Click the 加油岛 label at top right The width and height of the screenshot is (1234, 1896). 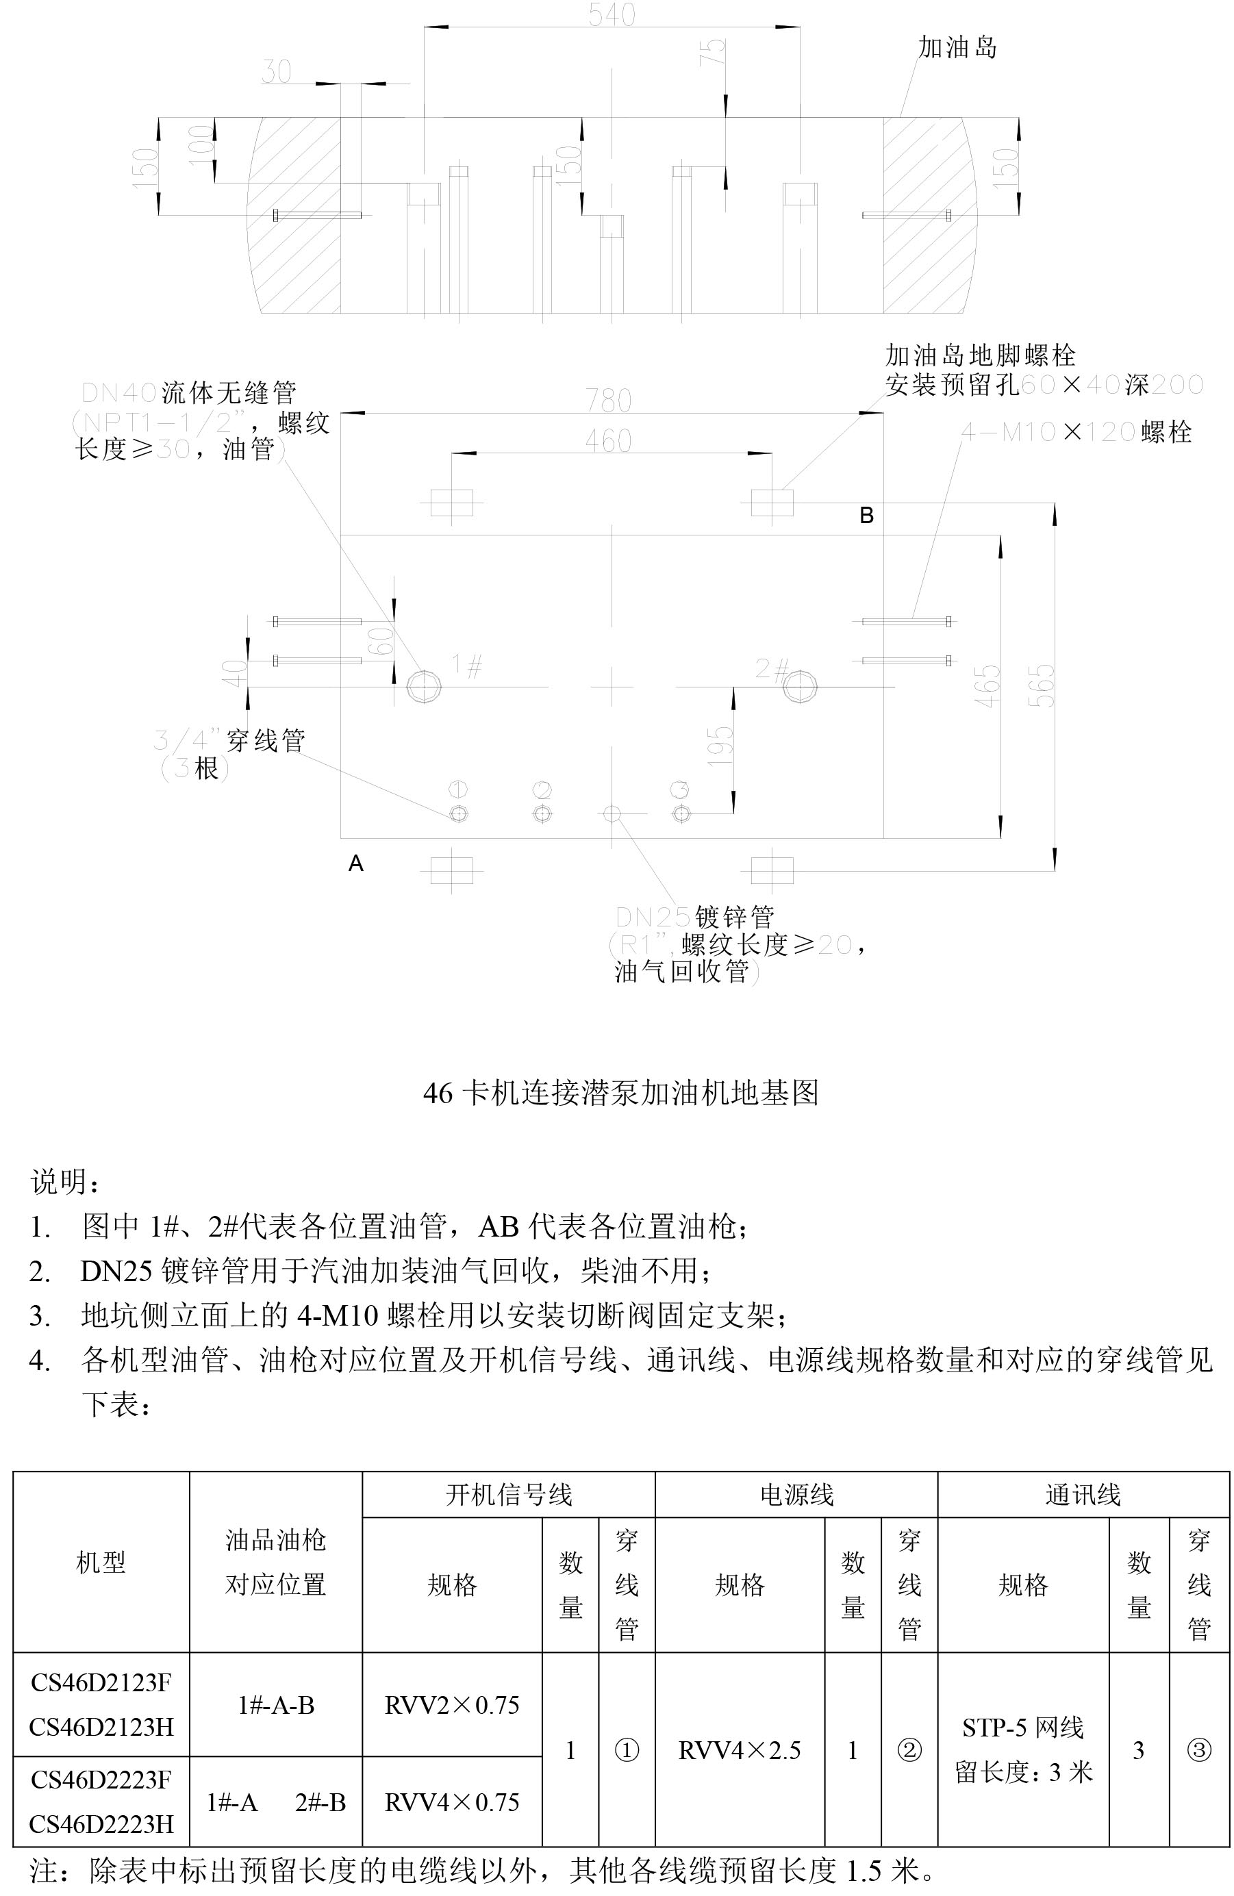pyautogui.click(x=957, y=48)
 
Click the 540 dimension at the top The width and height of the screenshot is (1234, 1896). pyautogui.click(x=611, y=14)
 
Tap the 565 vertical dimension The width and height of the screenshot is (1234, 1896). pyautogui.click(x=1041, y=685)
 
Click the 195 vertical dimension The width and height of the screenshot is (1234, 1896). pyautogui.click(x=720, y=746)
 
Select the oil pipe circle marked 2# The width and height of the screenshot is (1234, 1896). pyautogui.click(x=798, y=685)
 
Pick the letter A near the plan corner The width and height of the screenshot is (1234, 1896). pyautogui.click(x=356, y=863)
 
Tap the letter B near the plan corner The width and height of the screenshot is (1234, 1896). pyautogui.click(x=867, y=516)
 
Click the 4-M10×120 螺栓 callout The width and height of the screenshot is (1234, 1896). pyautogui.click(x=1075, y=433)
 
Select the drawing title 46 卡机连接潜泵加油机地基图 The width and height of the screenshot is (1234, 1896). pyautogui.click(x=620, y=1092)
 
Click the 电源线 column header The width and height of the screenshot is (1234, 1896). pyautogui.click(x=796, y=1495)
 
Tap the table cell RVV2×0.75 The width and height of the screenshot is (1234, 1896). pyautogui.click(x=452, y=1705)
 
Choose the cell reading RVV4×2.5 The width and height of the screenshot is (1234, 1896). pyautogui.click(x=740, y=1750)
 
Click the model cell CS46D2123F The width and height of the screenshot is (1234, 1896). pyautogui.click(x=101, y=1682)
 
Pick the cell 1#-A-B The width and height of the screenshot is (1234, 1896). pyautogui.click(x=276, y=1705)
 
